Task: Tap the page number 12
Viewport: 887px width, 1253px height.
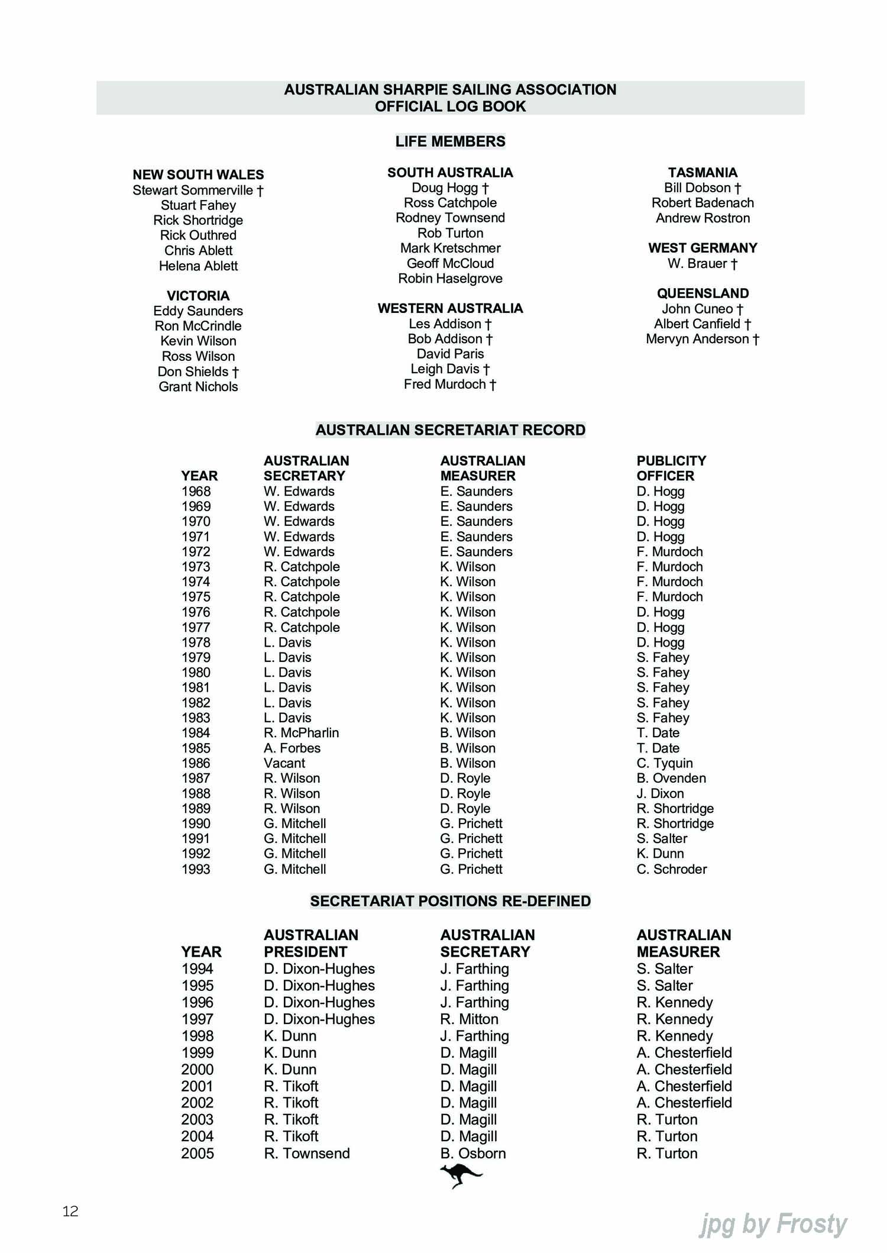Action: [x=70, y=1211]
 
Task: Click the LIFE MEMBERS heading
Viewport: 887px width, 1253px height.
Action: [x=450, y=141]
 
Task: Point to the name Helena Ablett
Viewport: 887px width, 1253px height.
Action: [x=198, y=266]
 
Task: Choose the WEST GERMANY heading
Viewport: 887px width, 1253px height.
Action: [x=703, y=248]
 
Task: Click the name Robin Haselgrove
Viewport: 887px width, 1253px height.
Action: [x=450, y=278]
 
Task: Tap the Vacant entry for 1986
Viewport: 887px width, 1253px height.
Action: [x=284, y=763]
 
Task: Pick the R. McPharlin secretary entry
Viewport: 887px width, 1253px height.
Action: [x=301, y=733]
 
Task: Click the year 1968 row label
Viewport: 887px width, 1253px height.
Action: [x=196, y=491]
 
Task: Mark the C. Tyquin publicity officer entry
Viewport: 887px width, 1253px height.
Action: [x=664, y=763]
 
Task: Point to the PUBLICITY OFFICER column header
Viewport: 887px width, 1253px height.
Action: [x=671, y=468]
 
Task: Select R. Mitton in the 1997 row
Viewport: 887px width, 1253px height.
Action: [x=469, y=1019]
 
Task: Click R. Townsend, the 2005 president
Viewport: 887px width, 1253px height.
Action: [x=307, y=1153]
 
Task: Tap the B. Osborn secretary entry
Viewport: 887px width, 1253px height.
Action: [x=473, y=1153]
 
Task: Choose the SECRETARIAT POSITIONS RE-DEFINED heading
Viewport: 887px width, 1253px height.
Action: [x=450, y=901]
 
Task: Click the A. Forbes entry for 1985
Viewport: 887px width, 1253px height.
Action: [x=292, y=748]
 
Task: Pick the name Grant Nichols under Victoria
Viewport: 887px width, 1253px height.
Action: [x=198, y=386]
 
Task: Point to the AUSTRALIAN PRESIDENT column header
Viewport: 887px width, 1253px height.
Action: [x=311, y=943]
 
